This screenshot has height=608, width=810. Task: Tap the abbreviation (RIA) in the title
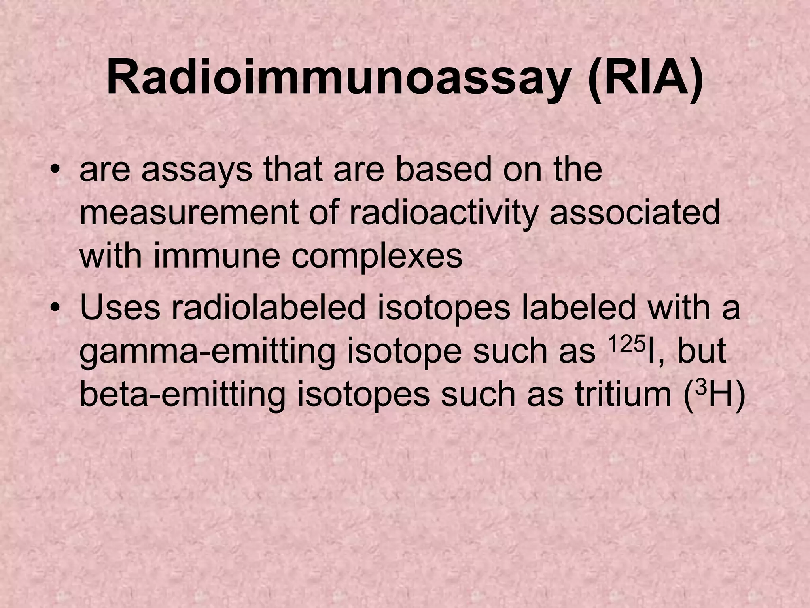pyautogui.click(x=646, y=77)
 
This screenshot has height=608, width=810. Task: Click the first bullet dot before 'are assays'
pyautogui.click(x=57, y=172)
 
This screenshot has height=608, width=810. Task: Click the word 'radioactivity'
pyautogui.click(x=444, y=213)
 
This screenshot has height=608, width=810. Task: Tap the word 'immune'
pyautogui.click(x=216, y=255)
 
